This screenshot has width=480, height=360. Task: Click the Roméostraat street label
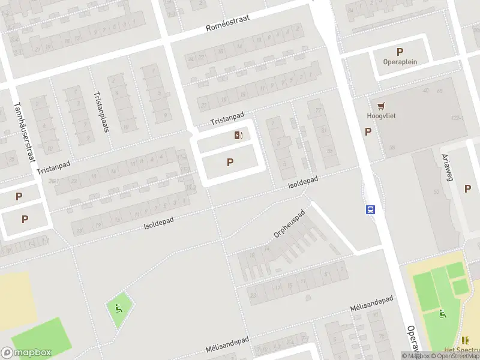(227, 23)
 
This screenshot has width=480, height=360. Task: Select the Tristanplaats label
(101, 112)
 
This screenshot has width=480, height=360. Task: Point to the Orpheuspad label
(290, 224)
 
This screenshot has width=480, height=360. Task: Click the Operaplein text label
(400, 61)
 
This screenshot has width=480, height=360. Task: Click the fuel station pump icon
(238, 136)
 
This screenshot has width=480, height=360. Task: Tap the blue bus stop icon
(371, 209)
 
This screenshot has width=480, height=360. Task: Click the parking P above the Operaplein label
(400, 52)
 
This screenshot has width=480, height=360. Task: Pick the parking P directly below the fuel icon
(230, 162)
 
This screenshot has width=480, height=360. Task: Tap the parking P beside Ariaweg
(467, 188)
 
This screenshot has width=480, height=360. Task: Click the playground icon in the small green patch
(118, 310)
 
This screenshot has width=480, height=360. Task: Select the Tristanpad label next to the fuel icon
(227, 118)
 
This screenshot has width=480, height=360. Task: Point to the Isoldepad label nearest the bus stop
(302, 182)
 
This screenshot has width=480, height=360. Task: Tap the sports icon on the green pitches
(443, 313)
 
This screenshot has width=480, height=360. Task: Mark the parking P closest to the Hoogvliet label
(368, 131)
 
